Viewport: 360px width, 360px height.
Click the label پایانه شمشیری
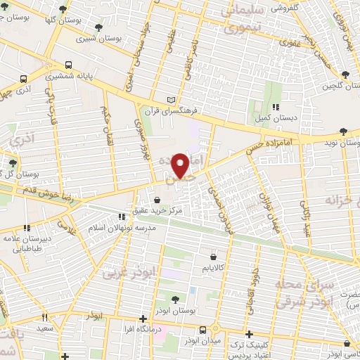[75, 72]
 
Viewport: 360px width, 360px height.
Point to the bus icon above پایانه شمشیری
[67, 60]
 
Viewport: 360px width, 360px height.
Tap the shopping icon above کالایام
[212, 257]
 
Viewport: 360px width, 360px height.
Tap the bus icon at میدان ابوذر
[202, 329]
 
